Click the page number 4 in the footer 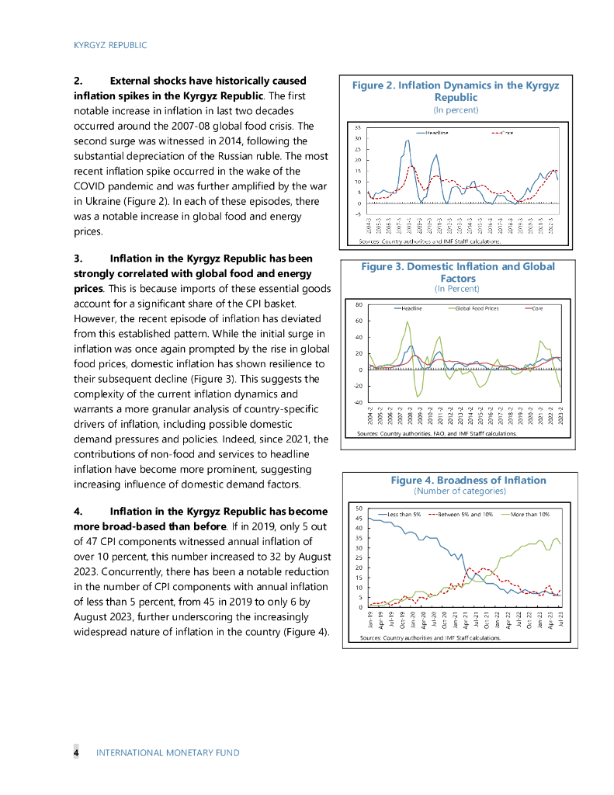pyautogui.click(x=76, y=752)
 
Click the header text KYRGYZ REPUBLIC pyautogui.click(x=110, y=45)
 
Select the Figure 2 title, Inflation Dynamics pyautogui.click(x=456, y=91)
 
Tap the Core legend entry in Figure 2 pyautogui.click(x=507, y=133)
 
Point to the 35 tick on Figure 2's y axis pyautogui.click(x=358, y=127)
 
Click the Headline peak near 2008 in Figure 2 pyautogui.click(x=408, y=141)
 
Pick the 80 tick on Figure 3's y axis pyautogui.click(x=359, y=304)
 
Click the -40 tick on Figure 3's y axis pyautogui.click(x=358, y=401)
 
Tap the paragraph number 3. pyautogui.click(x=77, y=258)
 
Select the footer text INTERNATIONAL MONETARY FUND pyautogui.click(x=167, y=752)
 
